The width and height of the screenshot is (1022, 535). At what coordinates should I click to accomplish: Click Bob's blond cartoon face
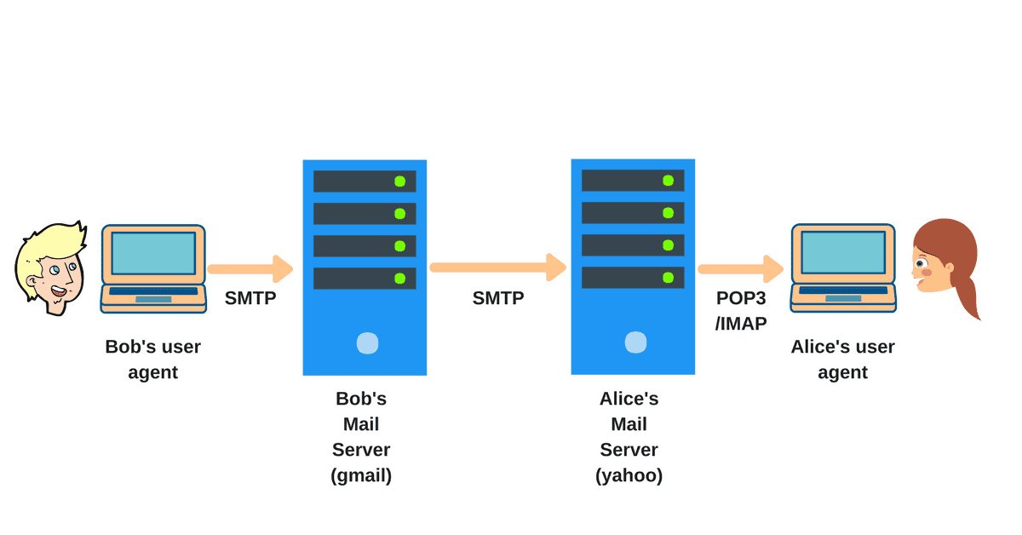[51, 268]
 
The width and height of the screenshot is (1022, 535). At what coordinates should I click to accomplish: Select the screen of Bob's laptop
[153, 253]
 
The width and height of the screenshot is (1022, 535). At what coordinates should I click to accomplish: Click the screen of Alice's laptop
[843, 252]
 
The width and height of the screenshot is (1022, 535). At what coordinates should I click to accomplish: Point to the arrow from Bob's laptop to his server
[250, 269]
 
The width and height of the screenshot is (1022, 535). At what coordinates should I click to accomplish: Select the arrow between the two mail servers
[498, 267]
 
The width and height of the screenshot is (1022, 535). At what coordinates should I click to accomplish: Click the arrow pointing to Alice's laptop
[739, 269]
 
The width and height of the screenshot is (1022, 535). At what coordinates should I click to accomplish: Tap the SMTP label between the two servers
[498, 298]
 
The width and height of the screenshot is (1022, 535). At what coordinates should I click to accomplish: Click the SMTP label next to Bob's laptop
[250, 298]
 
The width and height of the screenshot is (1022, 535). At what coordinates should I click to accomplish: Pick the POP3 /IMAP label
[742, 310]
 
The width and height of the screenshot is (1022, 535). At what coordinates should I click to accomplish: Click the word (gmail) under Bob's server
[361, 475]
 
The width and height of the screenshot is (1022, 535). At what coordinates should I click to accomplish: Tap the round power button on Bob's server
[367, 342]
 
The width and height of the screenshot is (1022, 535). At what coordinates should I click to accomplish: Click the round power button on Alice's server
[635, 342]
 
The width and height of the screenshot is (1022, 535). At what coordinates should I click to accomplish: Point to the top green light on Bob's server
[399, 181]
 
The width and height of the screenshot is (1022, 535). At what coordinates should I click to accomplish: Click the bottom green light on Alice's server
[668, 278]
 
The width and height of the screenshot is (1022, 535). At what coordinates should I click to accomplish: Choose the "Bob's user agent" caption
[153, 359]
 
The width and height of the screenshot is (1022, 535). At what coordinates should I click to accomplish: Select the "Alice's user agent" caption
[842, 359]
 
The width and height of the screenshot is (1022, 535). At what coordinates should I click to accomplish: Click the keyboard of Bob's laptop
[153, 291]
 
